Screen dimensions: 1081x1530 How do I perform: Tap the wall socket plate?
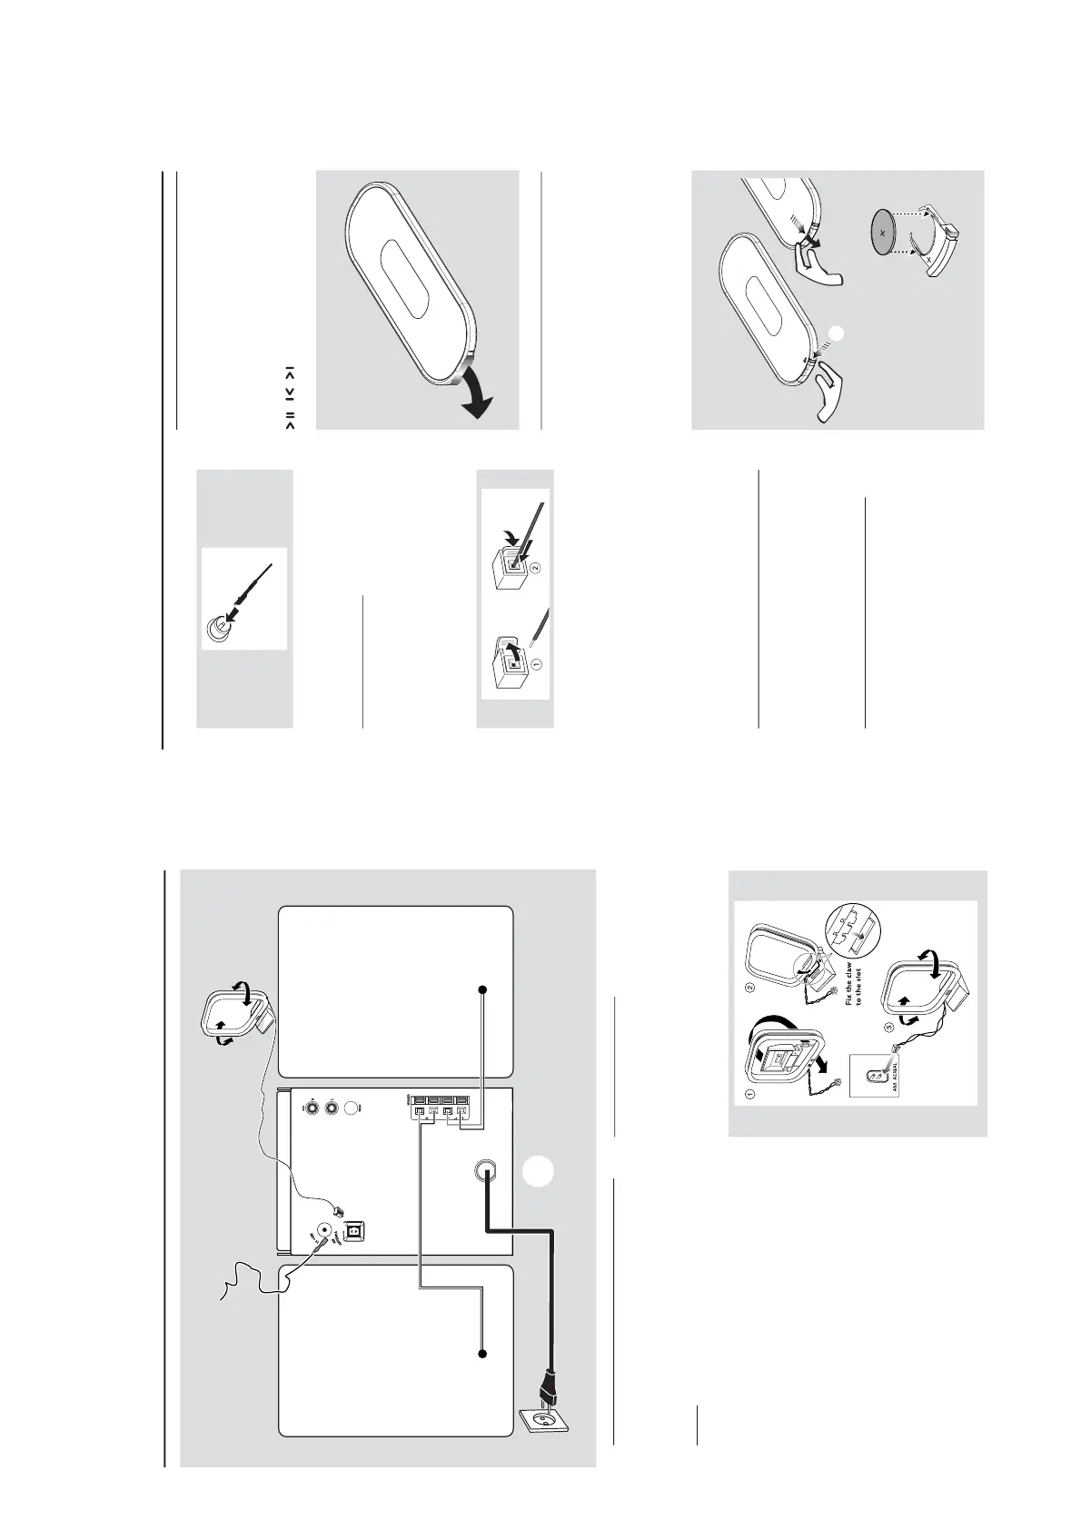coord(542,1434)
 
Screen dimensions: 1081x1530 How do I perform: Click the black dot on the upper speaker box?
coord(483,989)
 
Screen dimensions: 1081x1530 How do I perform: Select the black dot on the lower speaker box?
coord(483,1354)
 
